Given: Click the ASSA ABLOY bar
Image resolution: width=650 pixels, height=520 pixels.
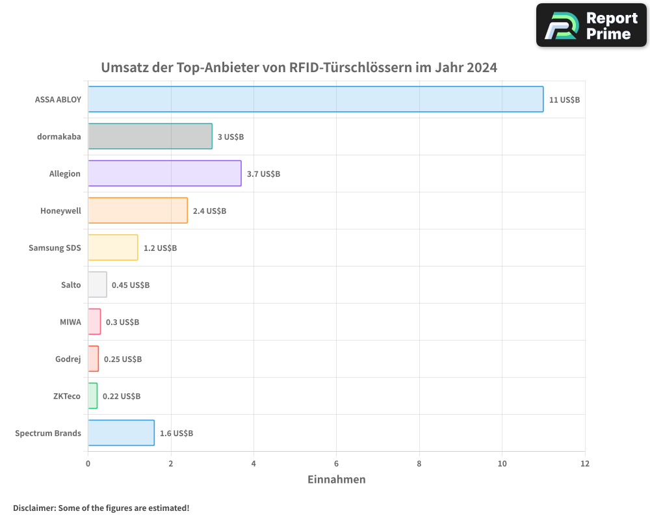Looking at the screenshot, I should (315, 99).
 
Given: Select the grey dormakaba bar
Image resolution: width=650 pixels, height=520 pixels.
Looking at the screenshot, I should (150, 136).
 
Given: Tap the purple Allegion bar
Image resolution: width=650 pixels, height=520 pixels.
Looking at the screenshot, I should (164, 174).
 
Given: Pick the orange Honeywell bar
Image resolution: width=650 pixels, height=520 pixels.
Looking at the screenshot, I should (138, 211).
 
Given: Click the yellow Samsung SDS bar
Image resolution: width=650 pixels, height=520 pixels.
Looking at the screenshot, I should (113, 248).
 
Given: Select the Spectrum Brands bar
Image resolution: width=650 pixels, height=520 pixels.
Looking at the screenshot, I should (121, 433).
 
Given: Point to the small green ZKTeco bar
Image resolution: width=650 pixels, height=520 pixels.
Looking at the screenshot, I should (93, 396).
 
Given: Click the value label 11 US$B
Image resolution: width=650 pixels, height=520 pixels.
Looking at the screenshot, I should (564, 99).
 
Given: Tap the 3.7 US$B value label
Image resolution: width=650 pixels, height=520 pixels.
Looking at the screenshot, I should (263, 174).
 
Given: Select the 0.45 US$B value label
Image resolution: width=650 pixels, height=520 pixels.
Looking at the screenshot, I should (130, 285).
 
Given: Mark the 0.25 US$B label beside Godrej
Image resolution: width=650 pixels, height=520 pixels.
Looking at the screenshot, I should (122, 359).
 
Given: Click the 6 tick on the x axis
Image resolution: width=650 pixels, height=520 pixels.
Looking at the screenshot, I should (336, 463).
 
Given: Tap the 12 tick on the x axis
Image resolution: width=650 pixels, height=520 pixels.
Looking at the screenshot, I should (584, 463).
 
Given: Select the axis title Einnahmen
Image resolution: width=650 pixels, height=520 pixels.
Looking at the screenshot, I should (336, 480).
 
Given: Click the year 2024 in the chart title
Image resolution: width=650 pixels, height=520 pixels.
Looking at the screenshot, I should (482, 68).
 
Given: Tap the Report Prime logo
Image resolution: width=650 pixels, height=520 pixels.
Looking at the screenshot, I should (591, 25).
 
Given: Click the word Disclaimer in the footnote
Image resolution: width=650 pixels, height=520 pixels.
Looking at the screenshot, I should (34, 508).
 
